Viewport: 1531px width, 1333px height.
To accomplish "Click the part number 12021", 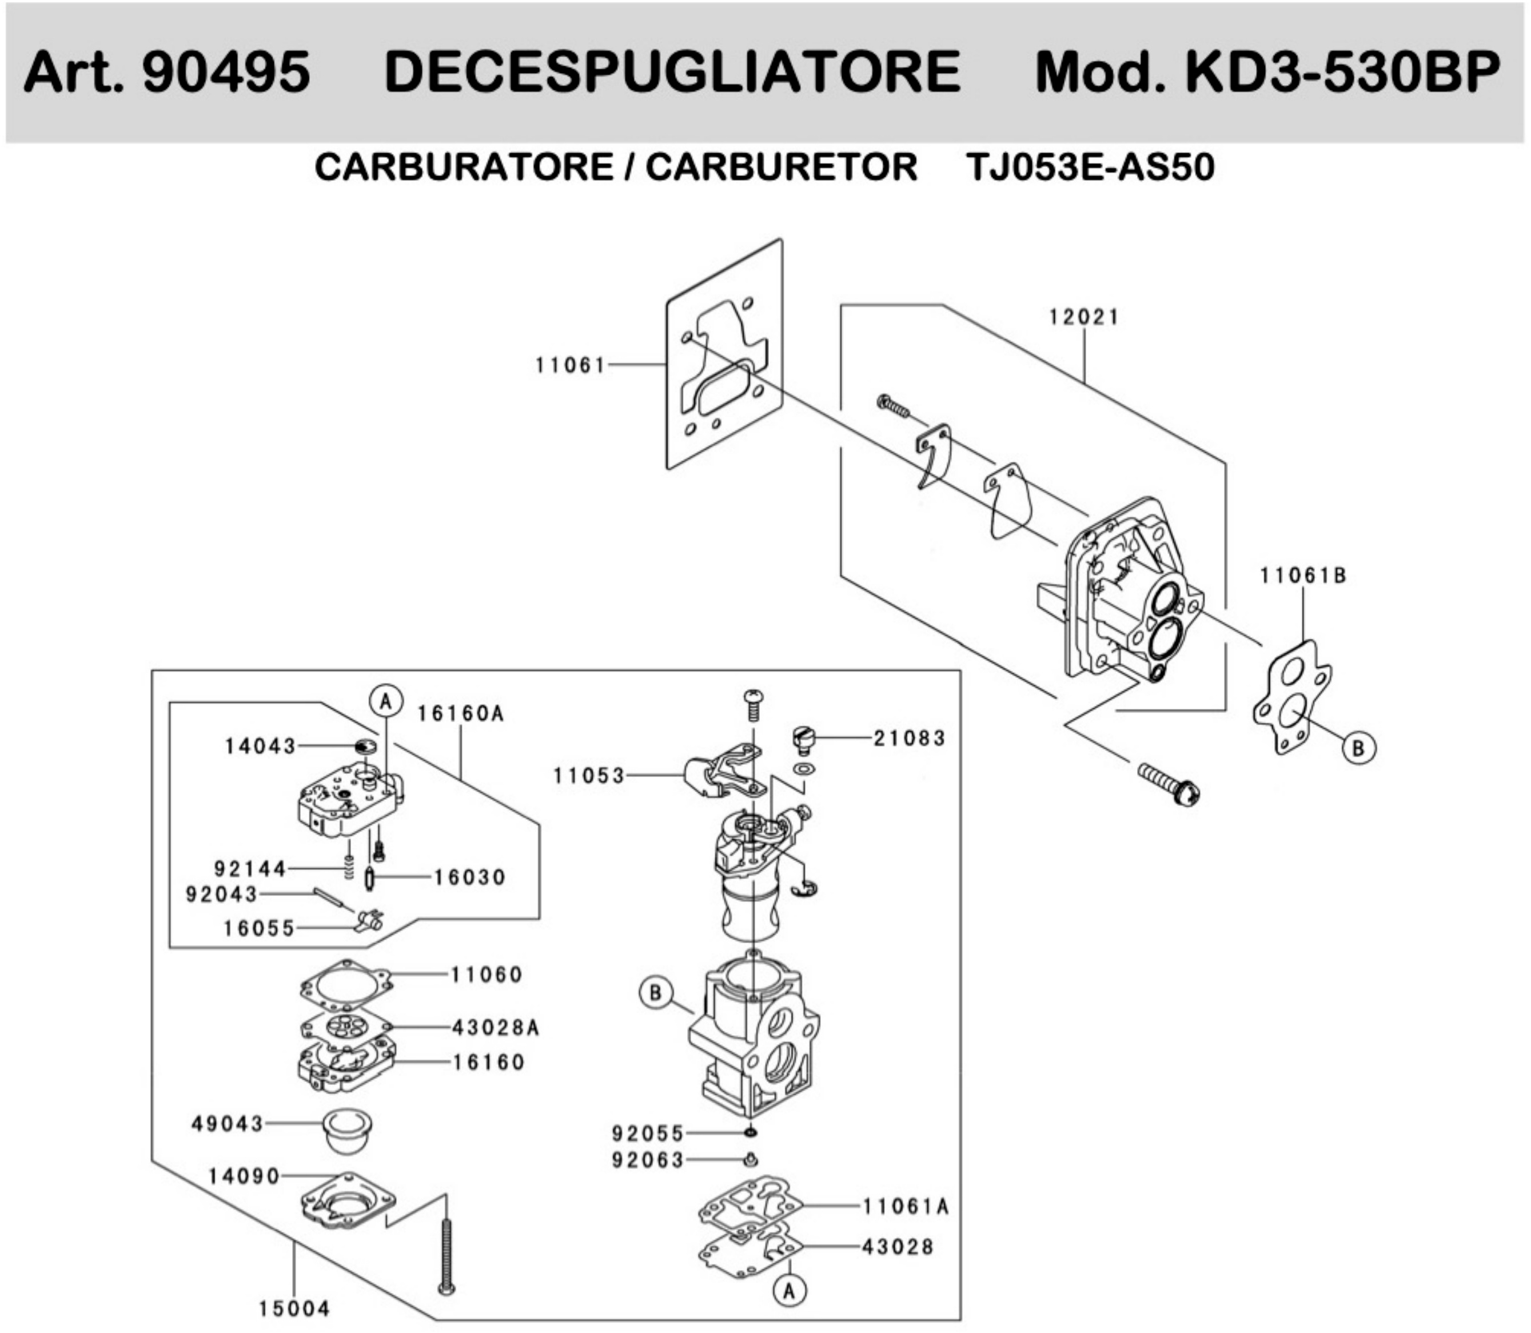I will pyautogui.click(x=1083, y=318).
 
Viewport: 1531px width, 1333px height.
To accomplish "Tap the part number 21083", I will pyautogui.click(x=908, y=739).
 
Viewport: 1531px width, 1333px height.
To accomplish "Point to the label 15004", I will pyautogui.click(x=294, y=1308).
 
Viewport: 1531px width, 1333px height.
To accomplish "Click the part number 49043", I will pyautogui.click(x=228, y=1123).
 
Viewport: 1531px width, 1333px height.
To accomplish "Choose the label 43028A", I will pyautogui.click(x=496, y=1028).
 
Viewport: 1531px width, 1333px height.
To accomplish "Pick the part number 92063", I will pyautogui.click(x=647, y=1160).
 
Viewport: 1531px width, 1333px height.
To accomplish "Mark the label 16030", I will pyautogui.click(x=469, y=878).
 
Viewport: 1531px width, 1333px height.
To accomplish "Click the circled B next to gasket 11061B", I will pyautogui.click(x=1358, y=748).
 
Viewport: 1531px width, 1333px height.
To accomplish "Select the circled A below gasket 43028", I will pyautogui.click(x=790, y=1291).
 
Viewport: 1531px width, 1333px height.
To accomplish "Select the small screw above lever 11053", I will pyautogui.click(x=754, y=704).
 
